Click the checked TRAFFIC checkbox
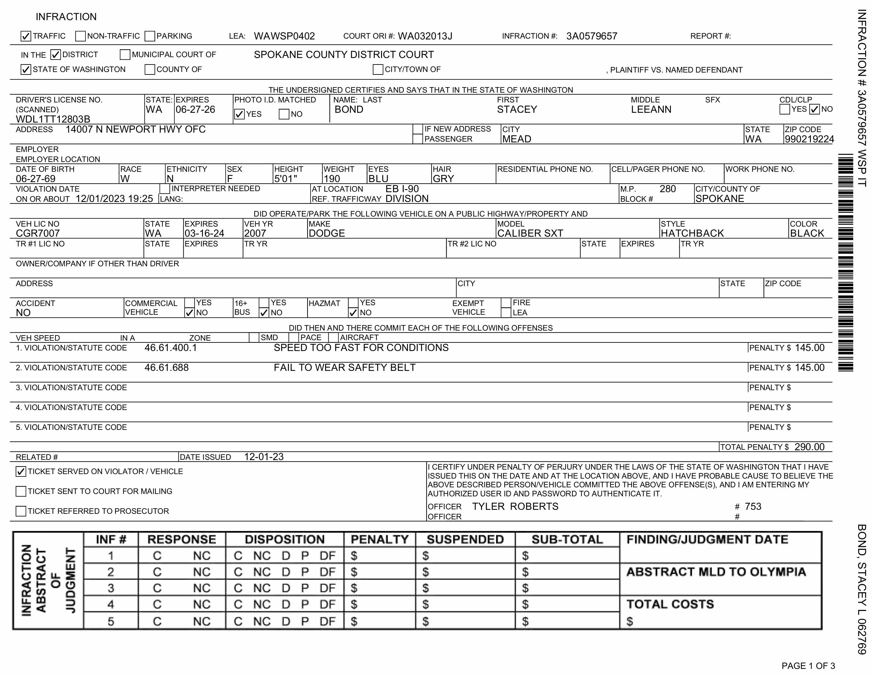click(26, 36)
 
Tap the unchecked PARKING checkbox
click(150, 36)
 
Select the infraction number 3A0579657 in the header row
click(592, 36)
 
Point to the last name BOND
click(349, 110)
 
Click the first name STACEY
click(517, 110)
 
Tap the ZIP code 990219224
click(809, 139)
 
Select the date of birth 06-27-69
click(35, 179)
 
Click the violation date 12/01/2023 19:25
click(114, 199)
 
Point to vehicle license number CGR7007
click(38, 233)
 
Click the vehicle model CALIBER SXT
click(530, 233)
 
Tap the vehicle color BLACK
click(807, 233)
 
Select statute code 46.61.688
click(166, 367)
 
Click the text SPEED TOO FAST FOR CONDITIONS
click(361, 348)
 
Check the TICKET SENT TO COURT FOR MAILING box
click(21, 491)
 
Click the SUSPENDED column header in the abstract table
click(465, 539)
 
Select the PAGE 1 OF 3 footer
click(808, 666)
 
